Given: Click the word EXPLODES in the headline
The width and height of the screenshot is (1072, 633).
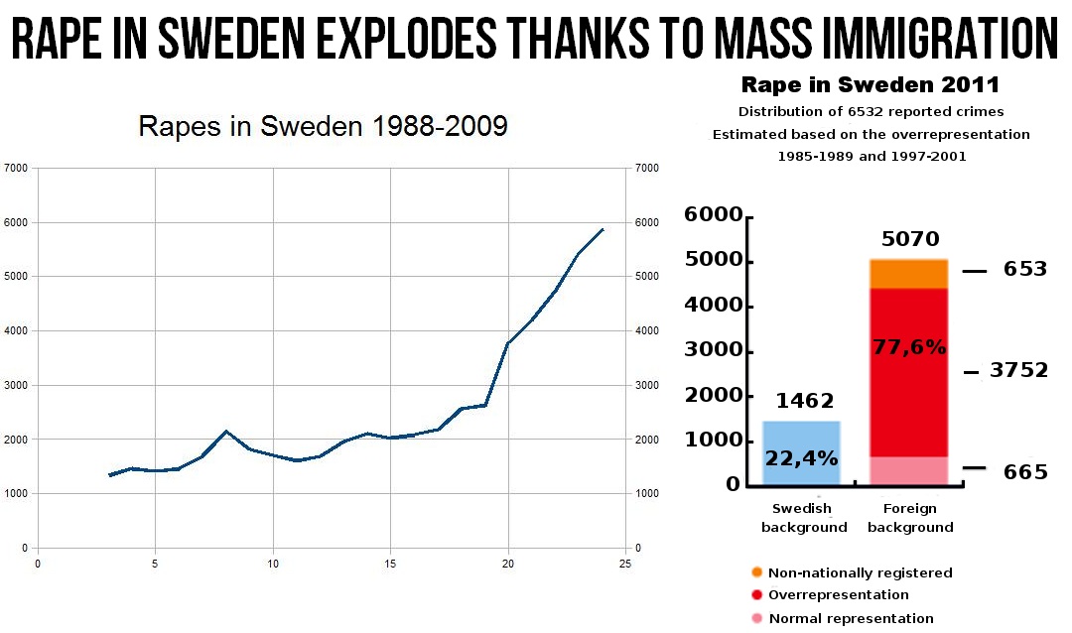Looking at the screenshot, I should coord(396,39).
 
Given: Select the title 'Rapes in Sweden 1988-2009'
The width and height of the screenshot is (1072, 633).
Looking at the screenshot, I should coord(323,127).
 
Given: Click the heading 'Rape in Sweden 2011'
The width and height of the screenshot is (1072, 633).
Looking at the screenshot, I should coord(870,83).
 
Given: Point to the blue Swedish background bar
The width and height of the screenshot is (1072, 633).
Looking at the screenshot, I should coord(801,453).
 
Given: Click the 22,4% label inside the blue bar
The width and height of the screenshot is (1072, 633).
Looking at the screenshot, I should coord(801,458).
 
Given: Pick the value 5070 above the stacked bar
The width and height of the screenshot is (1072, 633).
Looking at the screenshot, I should coord(909,239).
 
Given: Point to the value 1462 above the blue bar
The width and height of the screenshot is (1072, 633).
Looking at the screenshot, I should coord(804,401).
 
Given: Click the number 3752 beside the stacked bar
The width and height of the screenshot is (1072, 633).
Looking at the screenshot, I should coord(1018,371).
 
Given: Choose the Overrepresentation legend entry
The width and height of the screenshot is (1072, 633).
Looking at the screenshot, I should coord(839,595).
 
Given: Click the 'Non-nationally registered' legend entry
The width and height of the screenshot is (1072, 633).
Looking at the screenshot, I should coord(861,572).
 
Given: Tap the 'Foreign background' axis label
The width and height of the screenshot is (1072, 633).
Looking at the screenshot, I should coord(910,518).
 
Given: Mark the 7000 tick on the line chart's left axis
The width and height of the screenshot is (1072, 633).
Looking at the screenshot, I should coord(16,169).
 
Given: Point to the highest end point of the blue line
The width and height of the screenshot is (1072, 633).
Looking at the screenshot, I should coord(603,229).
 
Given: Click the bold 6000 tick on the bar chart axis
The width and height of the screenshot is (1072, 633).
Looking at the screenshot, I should coord(712,216).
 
